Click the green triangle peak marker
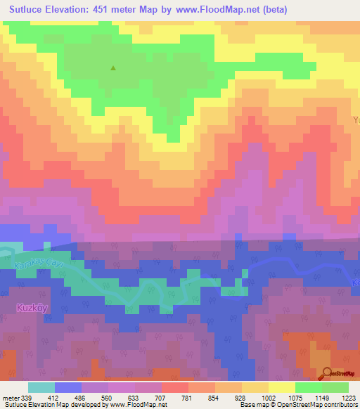point(113,68)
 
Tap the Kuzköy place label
point(32,307)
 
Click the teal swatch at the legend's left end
point(41,387)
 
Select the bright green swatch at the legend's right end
point(335,387)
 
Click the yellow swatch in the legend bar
point(282,387)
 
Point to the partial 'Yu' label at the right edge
point(355,120)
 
